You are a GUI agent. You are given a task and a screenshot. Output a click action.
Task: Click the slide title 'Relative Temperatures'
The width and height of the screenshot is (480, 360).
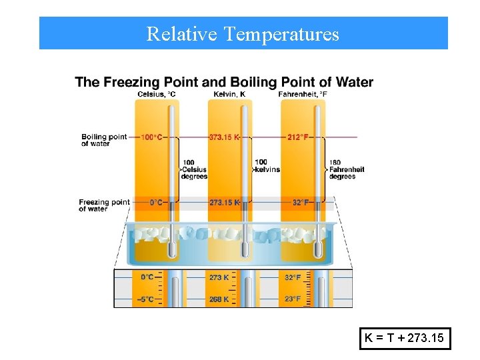pyautogui.click(x=243, y=33)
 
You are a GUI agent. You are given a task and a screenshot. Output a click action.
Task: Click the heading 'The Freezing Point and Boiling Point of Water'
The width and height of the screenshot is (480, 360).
pyautogui.click(x=224, y=83)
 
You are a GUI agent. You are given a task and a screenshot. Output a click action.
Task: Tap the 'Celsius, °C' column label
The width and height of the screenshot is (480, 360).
pyautogui.click(x=157, y=94)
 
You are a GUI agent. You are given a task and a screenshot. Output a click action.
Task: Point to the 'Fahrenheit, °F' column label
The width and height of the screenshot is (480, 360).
pyautogui.click(x=303, y=94)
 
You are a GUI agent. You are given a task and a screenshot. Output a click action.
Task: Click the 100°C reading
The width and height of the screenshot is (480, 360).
pyautogui.click(x=151, y=137)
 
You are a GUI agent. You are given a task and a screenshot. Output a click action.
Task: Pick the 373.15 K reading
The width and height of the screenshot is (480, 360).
pyautogui.click(x=224, y=137)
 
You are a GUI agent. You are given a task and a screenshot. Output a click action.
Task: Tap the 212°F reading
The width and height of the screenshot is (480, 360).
pyautogui.click(x=297, y=137)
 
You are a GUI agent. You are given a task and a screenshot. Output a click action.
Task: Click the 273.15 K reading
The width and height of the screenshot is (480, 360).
pyautogui.click(x=224, y=202)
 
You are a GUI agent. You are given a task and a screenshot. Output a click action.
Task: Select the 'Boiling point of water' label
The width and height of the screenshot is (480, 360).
pyautogui.click(x=103, y=140)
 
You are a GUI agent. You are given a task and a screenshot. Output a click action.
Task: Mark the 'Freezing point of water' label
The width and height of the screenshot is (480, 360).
pyautogui.click(x=104, y=205)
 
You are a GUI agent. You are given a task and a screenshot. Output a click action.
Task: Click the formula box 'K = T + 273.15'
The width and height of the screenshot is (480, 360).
pyautogui.click(x=405, y=339)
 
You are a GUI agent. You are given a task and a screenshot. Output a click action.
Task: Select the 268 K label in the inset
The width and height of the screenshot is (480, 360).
pyautogui.click(x=219, y=299)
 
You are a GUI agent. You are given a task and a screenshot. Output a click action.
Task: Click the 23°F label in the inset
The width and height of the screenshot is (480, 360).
pyautogui.click(x=292, y=299)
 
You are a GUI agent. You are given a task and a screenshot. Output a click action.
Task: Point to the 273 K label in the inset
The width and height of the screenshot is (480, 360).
pyautogui.click(x=219, y=277)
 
